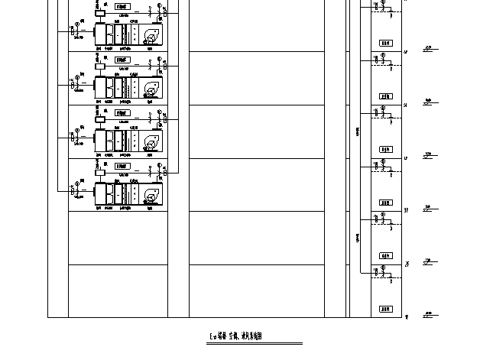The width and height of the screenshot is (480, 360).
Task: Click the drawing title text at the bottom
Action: point(240,336)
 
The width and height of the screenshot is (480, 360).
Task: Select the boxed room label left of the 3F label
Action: point(385,203)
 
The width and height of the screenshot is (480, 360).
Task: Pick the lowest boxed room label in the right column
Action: point(385,309)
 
